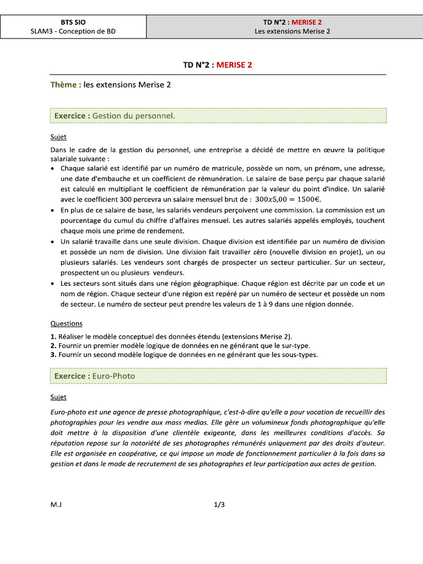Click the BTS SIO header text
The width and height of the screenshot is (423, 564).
[x=73, y=22]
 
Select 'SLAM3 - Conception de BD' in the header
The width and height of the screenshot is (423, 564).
[x=73, y=31]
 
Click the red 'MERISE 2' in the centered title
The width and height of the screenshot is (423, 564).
[x=234, y=65]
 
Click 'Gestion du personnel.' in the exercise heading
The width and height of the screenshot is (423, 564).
[x=134, y=116]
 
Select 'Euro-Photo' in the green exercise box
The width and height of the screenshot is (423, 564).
[x=113, y=376]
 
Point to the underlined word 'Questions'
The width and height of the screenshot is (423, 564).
[x=66, y=324]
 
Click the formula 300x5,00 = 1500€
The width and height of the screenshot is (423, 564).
[x=291, y=199]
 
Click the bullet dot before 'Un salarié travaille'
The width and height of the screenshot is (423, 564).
[x=53, y=242]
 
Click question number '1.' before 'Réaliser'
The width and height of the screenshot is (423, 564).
[x=53, y=336]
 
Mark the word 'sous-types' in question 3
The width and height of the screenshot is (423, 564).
[x=300, y=355]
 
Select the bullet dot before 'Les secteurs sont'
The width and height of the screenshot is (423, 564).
[x=53, y=284]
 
